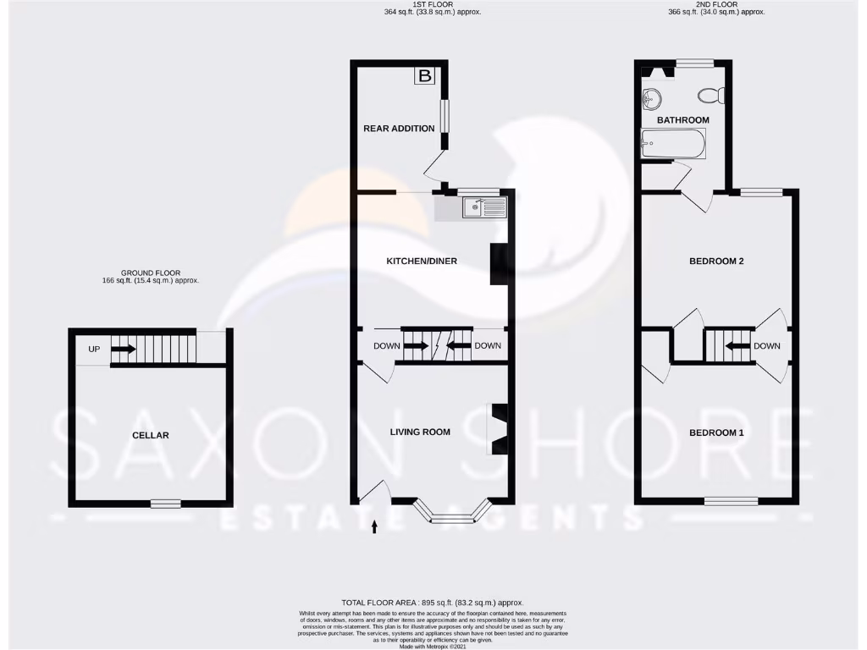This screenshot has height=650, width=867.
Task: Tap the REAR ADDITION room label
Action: pos(399,129)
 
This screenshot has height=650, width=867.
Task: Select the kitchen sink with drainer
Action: pos(483,207)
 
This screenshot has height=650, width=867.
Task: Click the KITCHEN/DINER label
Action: pos(422,261)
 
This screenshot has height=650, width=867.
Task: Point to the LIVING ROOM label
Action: pos(420,432)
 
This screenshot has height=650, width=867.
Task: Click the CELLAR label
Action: pos(151,435)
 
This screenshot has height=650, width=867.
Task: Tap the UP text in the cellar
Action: pos(94,349)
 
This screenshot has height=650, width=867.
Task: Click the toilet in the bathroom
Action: pos(711,95)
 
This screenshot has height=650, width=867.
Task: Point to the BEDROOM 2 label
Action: pos(715,261)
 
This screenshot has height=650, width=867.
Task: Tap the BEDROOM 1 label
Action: pos(715,432)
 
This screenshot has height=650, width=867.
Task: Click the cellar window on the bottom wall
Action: pos(166,504)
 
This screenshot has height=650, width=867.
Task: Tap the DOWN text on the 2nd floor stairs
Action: pos(766,346)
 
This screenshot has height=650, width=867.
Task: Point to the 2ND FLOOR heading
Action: pos(715,4)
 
